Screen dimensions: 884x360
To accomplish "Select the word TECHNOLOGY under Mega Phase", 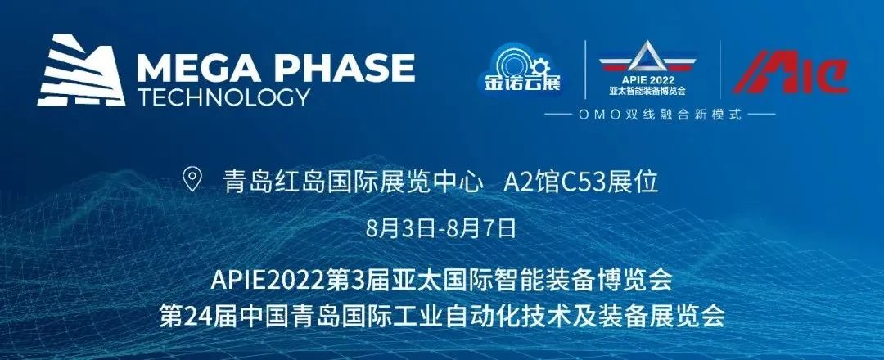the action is pos(223,97).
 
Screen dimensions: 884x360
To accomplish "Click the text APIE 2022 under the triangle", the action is pos(648,79).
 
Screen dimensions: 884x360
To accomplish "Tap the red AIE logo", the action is pos(791,72).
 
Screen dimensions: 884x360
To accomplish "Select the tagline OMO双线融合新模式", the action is pos(659,115).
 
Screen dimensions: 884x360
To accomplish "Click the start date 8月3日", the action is pos(400,229).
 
